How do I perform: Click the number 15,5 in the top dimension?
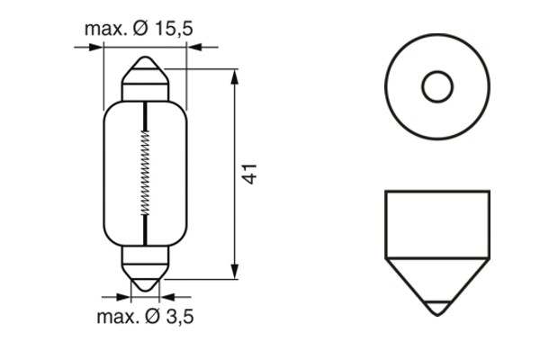click(x=174, y=29)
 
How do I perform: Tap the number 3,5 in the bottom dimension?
click(x=177, y=316)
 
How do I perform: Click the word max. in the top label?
click(x=105, y=29)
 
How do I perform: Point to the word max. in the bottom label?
click(x=117, y=316)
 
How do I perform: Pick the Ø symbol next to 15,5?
click(x=141, y=29)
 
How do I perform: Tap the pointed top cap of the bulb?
click(x=145, y=72)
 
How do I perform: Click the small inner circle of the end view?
click(x=437, y=87)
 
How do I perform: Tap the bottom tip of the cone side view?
click(x=437, y=310)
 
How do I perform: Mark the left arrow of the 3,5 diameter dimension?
click(x=125, y=295)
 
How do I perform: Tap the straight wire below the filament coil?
click(x=145, y=229)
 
